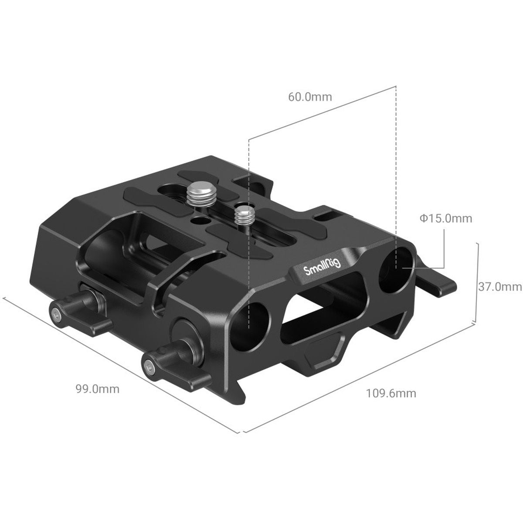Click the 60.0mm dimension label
pyautogui.click(x=310, y=96)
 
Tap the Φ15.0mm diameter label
pyautogui.click(x=446, y=218)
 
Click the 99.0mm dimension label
pyautogui.click(x=97, y=389)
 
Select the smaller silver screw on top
pyautogui.click(x=240, y=216)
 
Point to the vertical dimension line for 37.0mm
pyautogui.click(x=479, y=283)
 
